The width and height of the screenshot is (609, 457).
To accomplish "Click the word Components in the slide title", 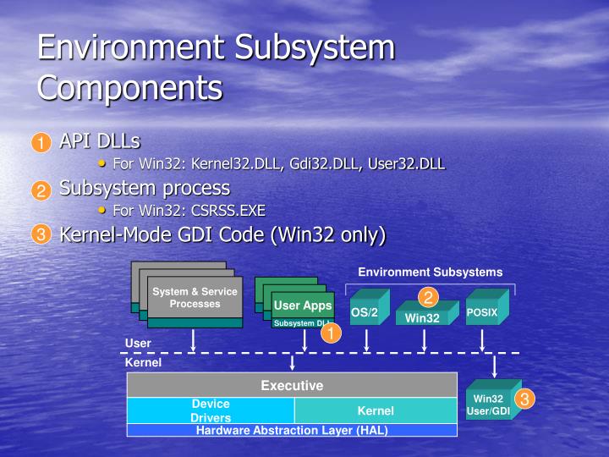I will pos(130,88).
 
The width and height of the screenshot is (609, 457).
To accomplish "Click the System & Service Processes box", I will pos(195,298).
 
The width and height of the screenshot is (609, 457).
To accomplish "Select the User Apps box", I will pos(303,306).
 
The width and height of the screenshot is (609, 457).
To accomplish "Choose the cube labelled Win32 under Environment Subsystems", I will pos(423,318).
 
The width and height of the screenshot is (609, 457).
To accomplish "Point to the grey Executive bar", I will pos(292,385).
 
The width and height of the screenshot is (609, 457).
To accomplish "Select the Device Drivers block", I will pos(211,410).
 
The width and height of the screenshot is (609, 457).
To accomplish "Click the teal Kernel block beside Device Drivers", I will pos(376,410).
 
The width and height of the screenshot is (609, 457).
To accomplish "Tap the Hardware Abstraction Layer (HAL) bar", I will pos(292,430).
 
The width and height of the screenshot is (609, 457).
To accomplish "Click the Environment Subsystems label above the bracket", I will pos(430,272).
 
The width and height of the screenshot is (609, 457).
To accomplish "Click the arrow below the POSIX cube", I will pos(482,340).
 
